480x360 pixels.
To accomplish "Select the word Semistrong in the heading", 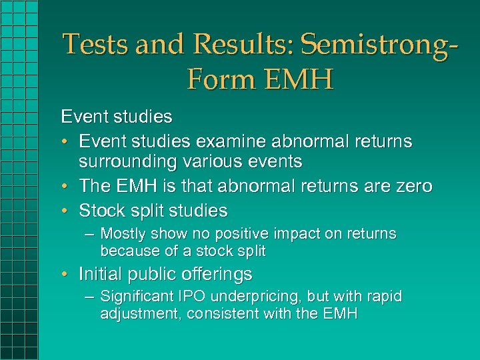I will [370, 45].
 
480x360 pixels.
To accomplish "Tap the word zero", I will [413, 186].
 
